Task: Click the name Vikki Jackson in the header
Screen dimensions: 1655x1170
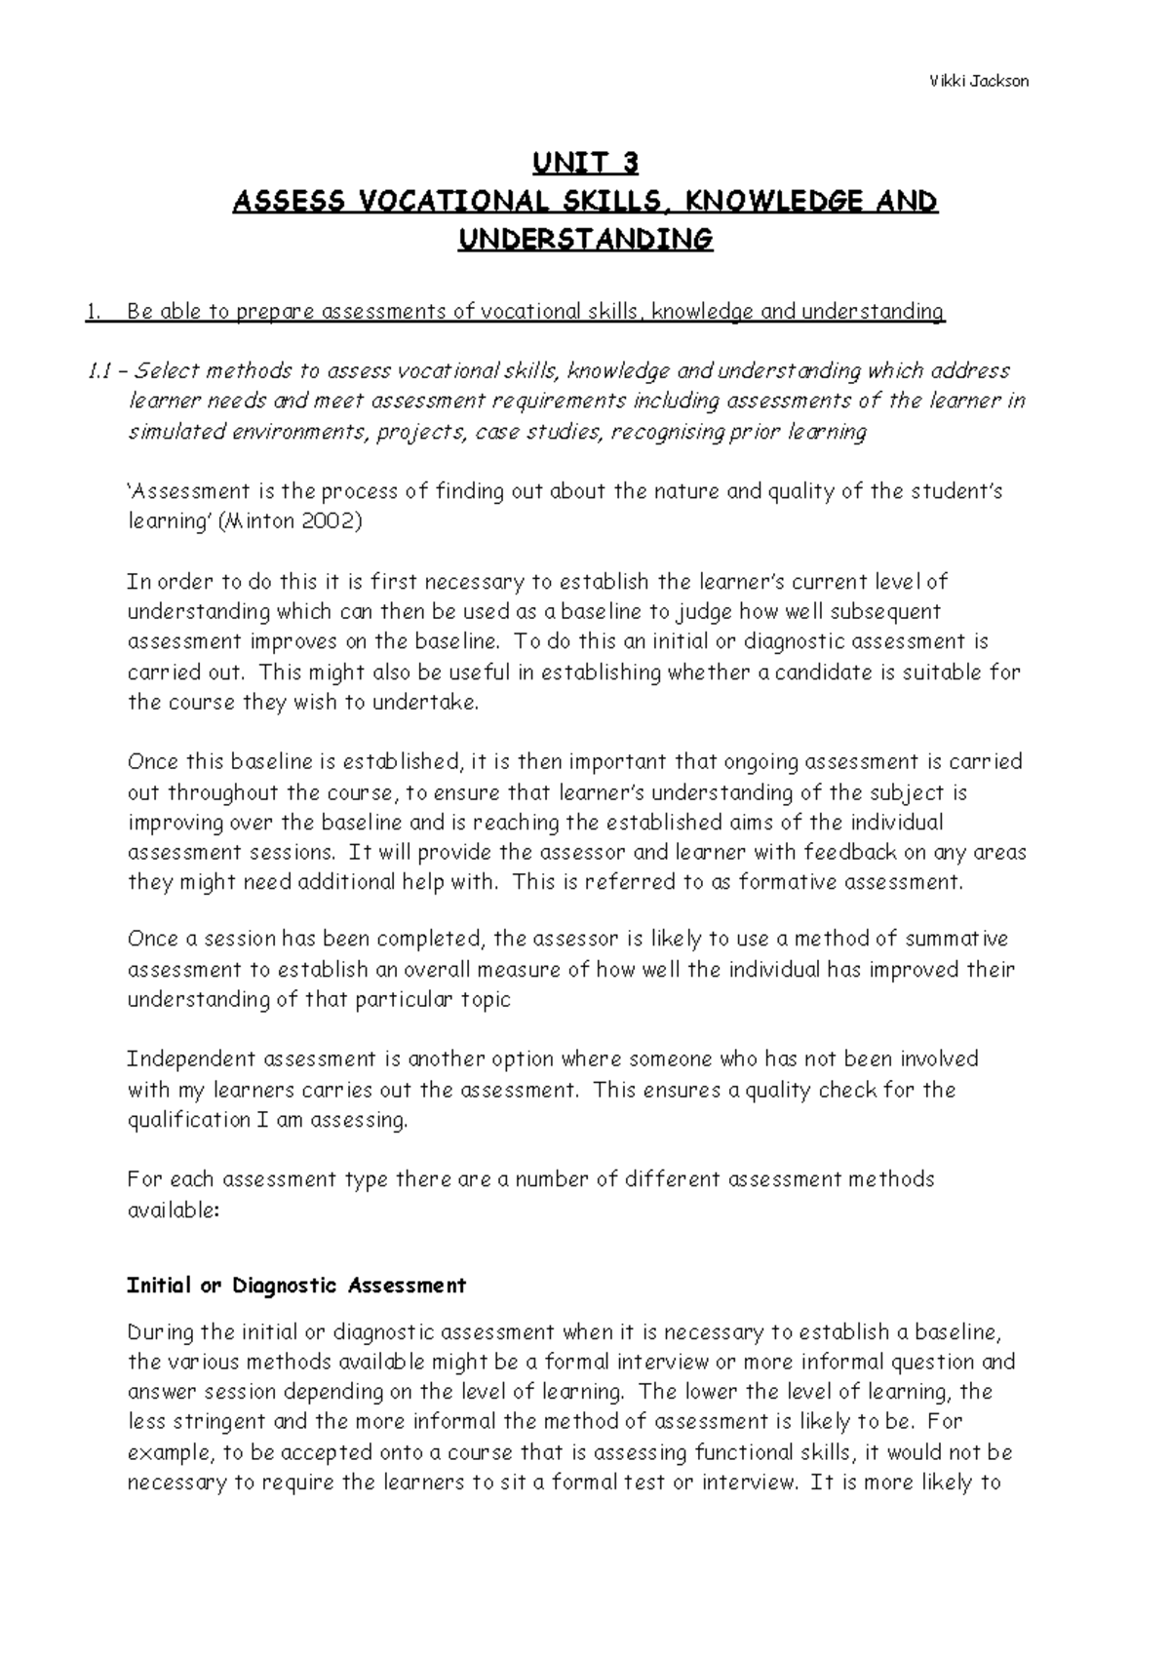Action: [x=978, y=81]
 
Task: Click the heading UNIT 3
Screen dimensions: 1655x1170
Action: [x=585, y=163]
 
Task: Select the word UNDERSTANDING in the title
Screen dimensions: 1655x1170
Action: [x=585, y=240]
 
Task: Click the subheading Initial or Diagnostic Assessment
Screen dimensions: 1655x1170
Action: [x=296, y=1286]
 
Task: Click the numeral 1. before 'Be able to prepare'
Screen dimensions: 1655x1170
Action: [x=92, y=313]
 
